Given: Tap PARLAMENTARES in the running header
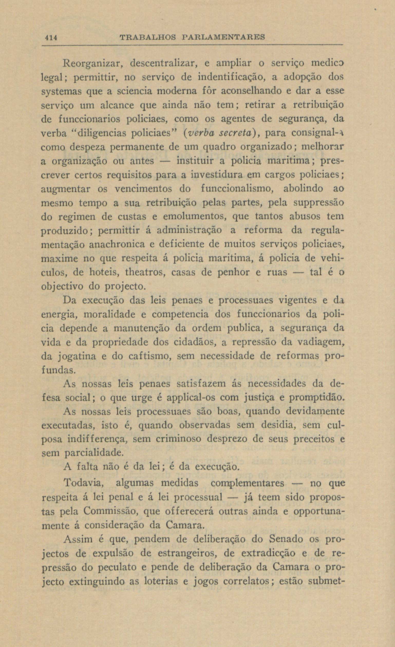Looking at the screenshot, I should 223,37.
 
